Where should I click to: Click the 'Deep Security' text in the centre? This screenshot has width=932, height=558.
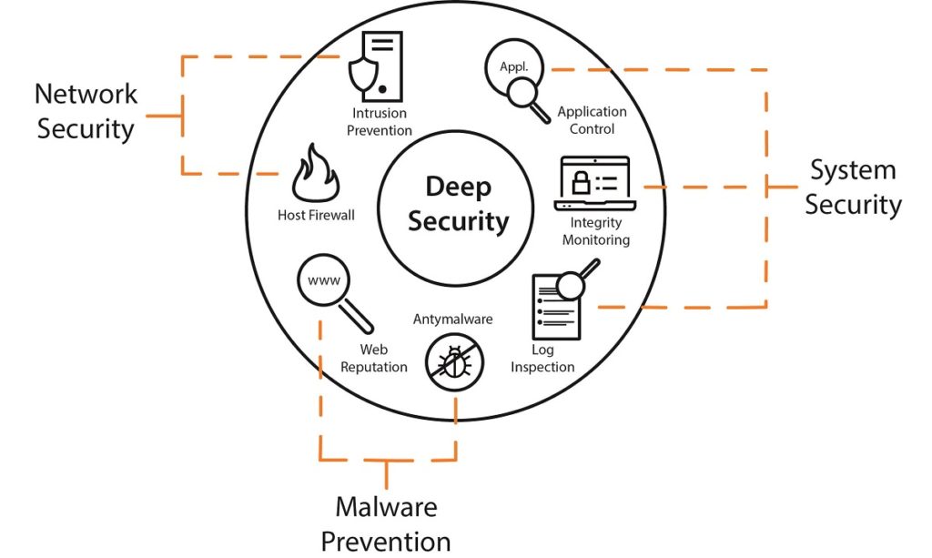click(x=458, y=204)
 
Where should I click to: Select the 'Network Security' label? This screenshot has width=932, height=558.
click(x=86, y=111)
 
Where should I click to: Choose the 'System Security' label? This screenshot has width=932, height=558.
click(x=853, y=188)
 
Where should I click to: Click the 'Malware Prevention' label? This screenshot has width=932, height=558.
click(x=386, y=523)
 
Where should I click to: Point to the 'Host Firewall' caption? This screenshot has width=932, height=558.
click(x=316, y=216)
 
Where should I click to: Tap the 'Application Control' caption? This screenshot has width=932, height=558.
click(x=592, y=120)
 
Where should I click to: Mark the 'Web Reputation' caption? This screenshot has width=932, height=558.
click(x=374, y=358)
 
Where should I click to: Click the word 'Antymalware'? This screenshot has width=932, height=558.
click(x=453, y=319)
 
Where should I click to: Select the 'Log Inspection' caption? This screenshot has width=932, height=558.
click(x=542, y=359)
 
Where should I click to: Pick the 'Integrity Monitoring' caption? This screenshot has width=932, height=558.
click(x=595, y=231)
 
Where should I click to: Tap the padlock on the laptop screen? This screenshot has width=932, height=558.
click(x=579, y=183)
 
